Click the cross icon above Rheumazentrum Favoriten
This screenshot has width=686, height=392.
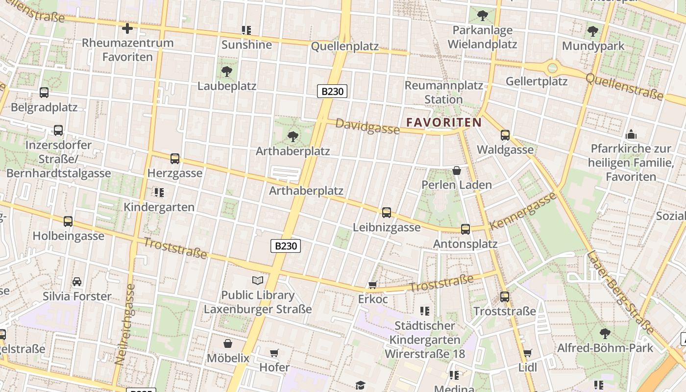coord(127,28)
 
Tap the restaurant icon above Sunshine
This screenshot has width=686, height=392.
coord(246,30)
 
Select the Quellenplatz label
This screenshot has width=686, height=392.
coord(345,47)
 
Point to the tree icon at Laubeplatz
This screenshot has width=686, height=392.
coord(226,72)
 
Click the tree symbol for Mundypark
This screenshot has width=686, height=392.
coord(593,32)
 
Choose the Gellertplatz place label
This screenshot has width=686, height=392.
coord(537,81)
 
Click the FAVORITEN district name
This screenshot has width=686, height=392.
coord(444,122)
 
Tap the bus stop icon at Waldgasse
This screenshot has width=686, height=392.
coord(505,135)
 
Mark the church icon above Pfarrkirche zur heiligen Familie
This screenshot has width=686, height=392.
coord(631,134)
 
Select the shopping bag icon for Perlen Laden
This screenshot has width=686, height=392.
coord(457,171)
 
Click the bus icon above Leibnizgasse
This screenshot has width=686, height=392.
coord(387,212)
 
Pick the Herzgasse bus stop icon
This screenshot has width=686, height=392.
coord(175,158)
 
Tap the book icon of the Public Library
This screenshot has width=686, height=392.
coord(258,280)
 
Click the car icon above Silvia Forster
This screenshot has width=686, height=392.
coord(77,282)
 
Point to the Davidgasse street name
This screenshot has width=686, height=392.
coord(367,127)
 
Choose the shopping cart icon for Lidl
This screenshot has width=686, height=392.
coord(527,353)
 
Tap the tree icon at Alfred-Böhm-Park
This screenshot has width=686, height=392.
coord(605,333)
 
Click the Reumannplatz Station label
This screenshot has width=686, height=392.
coord(443,92)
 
